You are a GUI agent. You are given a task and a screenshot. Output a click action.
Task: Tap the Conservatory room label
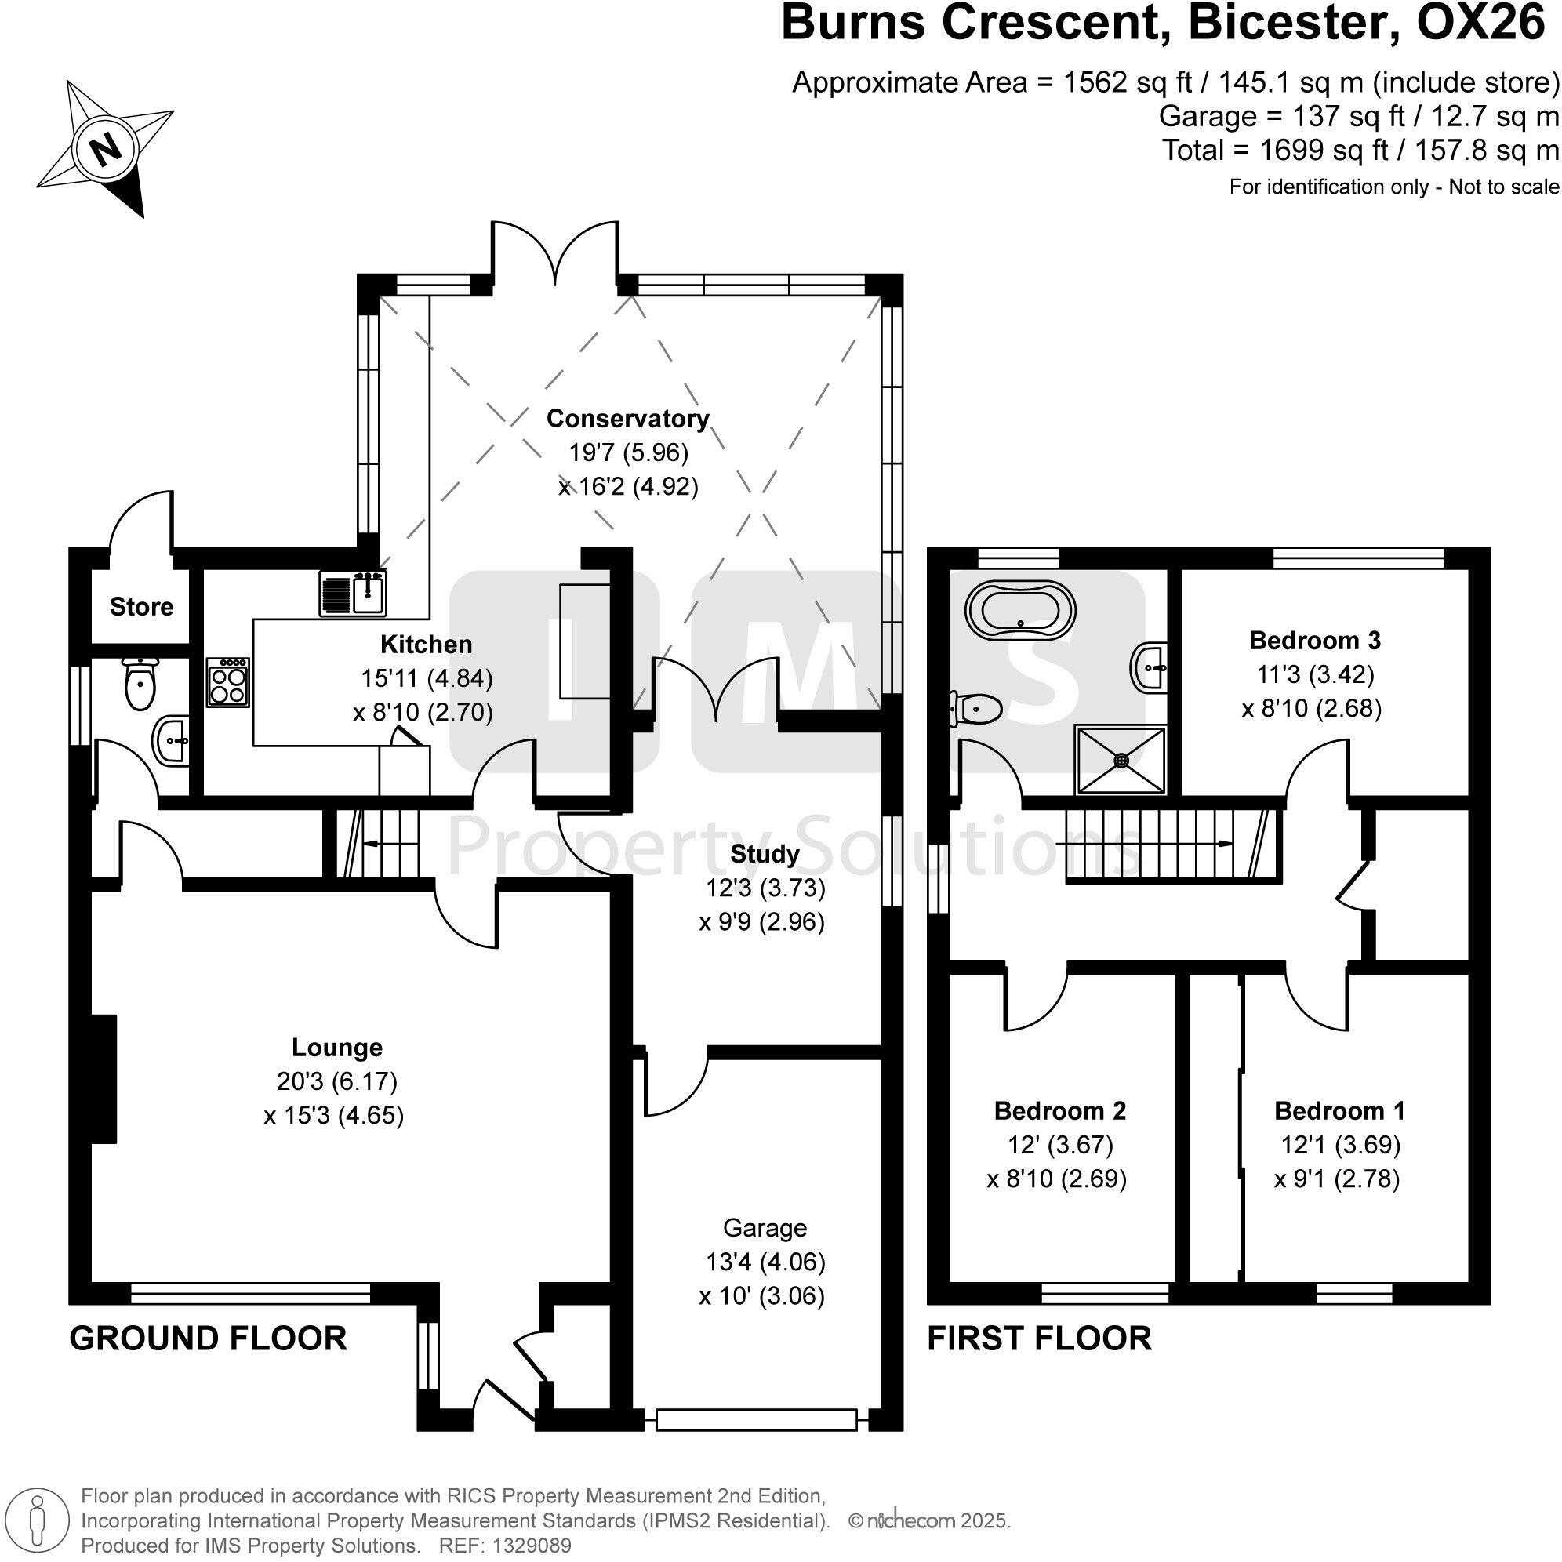[x=627, y=419]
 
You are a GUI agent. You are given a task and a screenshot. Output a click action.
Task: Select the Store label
[x=141, y=606]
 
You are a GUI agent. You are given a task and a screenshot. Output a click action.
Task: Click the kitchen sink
[x=354, y=593]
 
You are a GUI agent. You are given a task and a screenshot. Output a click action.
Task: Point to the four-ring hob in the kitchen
[x=229, y=682]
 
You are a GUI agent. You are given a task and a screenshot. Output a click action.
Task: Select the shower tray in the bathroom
[x=1121, y=759]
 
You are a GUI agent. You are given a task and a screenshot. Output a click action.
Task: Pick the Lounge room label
[x=337, y=1047]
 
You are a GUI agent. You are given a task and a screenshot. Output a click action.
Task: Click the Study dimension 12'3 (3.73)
[x=765, y=888]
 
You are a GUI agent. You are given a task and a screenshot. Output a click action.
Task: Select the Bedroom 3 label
[x=1314, y=641]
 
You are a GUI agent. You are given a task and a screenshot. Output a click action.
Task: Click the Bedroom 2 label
[x=1060, y=1110]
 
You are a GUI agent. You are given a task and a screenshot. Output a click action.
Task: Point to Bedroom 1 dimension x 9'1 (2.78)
[x=1336, y=1179]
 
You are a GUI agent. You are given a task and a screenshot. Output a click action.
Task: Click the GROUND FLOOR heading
[x=209, y=1338]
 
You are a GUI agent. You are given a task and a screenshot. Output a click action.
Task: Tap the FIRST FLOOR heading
[x=1039, y=1338]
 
